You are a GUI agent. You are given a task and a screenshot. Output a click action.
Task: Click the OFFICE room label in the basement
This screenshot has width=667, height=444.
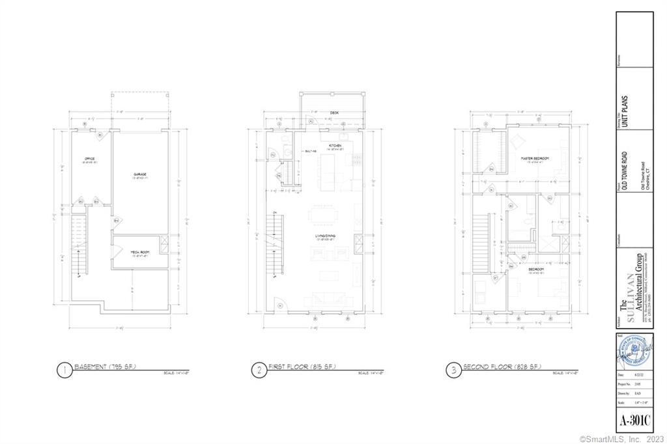point(90,160)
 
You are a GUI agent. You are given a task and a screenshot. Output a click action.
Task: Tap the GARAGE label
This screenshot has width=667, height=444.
point(140,174)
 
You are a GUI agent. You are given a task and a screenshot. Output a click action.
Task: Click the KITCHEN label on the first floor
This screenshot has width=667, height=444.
point(335,145)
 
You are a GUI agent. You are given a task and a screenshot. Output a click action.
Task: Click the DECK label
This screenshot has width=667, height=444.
point(334,113)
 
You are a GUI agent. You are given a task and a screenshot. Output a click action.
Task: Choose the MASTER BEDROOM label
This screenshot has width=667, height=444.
point(535,159)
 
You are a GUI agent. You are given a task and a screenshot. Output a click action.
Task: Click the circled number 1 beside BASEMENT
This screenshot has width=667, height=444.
point(64,370)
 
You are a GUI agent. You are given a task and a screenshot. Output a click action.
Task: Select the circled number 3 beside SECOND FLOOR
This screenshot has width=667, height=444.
point(451,370)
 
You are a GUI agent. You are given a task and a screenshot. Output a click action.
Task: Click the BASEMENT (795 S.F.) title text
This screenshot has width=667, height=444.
point(106,367)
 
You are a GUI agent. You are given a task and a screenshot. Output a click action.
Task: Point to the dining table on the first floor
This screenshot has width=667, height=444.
point(321,214)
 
